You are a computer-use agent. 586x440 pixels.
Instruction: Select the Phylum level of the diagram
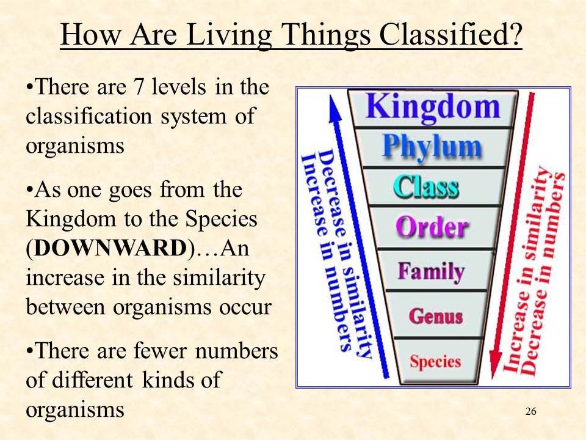click(432, 147)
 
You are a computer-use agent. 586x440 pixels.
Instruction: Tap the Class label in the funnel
click(427, 186)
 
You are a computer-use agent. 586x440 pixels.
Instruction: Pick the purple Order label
click(432, 228)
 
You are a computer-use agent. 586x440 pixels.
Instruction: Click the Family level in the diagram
click(431, 271)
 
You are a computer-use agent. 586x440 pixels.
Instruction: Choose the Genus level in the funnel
click(435, 315)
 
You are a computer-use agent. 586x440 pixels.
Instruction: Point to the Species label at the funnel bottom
click(435, 361)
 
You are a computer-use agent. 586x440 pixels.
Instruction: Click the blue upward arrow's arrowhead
click(333, 104)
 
